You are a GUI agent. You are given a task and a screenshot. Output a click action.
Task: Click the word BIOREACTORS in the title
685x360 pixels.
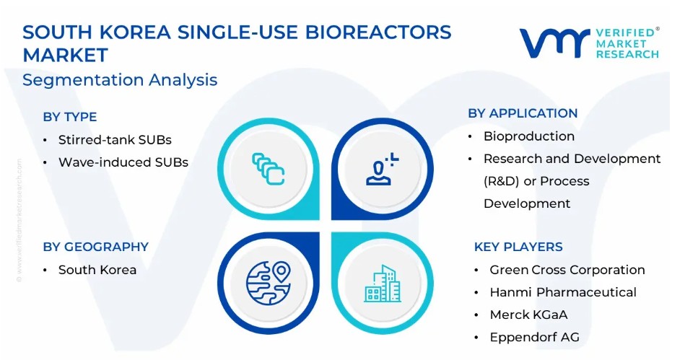coord(378,32)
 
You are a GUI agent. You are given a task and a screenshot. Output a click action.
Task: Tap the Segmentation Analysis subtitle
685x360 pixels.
coord(120,80)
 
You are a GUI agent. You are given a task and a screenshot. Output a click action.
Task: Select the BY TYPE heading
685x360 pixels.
coord(70,117)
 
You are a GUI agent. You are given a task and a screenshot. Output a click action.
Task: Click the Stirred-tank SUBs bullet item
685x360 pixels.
coord(115,140)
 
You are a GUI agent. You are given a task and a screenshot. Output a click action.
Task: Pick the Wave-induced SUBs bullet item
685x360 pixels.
coord(123,162)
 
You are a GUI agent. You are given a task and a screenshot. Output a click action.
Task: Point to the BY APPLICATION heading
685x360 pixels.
coord(523,113)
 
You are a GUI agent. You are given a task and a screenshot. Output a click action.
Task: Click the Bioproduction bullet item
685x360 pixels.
coord(528,136)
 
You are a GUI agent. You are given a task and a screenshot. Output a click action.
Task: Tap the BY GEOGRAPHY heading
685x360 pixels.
coord(96,247)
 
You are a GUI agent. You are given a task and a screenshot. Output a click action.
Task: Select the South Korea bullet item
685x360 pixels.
coord(97,270)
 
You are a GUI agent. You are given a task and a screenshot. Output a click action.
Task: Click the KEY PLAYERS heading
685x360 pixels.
coord(518,247)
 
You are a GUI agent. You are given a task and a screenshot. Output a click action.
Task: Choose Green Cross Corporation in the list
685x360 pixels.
coord(567,270)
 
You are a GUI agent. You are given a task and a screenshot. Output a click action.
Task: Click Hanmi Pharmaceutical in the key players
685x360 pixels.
coord(563,292)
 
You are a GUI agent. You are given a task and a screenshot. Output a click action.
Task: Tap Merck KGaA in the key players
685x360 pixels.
coord(528,315)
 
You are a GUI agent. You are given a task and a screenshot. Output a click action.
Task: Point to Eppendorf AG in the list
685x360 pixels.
coord(534,338)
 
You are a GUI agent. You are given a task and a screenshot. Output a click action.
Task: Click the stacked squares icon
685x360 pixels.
coord(269,169)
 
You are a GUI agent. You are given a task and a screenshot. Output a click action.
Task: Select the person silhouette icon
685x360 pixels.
coord(382,169)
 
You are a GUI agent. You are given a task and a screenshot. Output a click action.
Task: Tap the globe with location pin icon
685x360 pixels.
coord(269,283)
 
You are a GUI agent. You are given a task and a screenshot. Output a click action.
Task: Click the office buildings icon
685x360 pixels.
coord(383,284)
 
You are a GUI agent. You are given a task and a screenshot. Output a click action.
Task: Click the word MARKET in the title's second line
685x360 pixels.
coord(65,56)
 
